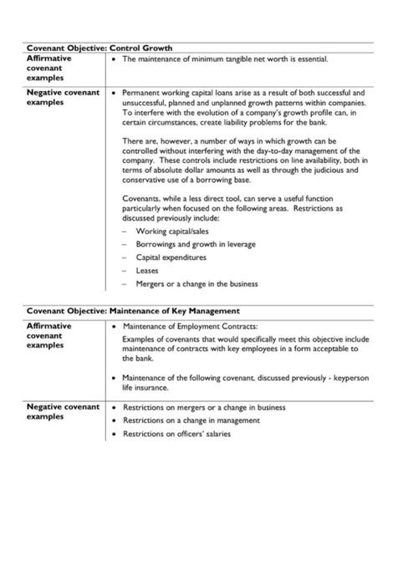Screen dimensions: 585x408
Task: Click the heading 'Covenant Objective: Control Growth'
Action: tap(99, 48)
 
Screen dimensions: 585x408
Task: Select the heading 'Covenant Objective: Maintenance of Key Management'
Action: tap(133, 310)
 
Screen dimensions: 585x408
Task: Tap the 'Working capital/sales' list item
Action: tap(171, 230)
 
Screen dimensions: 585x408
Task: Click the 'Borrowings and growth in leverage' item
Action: tap(195, 243)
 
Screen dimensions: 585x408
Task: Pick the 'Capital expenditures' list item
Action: tap(171, 257)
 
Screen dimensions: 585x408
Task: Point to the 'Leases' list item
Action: tap(147, 270)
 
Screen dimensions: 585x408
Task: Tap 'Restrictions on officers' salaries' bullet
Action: tap(176, 434)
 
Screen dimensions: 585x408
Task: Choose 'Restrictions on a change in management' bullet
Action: tap(190, 420)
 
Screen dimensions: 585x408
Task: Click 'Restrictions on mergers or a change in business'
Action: tap(204, 407)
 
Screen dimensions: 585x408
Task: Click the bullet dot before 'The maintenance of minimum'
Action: tap(115, 59)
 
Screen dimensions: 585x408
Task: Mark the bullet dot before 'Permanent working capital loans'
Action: tap(115, 93)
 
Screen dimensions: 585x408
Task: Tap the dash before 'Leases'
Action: tap(125, 270)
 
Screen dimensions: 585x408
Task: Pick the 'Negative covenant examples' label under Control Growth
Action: tap(63, 97)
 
